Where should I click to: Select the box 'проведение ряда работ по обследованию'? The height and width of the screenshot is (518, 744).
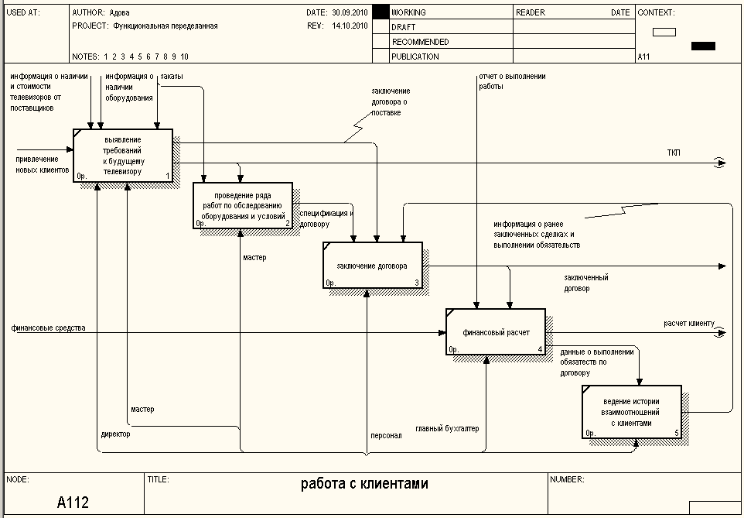click(243, 204)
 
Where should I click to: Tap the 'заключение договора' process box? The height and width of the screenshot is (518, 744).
click(372, 265)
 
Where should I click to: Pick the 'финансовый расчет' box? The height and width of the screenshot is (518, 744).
click(495, 331)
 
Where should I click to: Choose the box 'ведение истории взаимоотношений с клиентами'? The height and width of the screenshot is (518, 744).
click(631, 412)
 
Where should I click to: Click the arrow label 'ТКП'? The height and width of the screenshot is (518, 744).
click(674, 153)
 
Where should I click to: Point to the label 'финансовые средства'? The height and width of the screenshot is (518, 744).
click(48, 328)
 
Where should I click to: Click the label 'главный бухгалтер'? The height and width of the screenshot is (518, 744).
click(447, 428)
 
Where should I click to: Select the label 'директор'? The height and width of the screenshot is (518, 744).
click(115, 434)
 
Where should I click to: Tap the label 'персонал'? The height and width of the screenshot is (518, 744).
click(386, 435)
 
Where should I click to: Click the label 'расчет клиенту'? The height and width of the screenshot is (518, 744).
click(688, 323)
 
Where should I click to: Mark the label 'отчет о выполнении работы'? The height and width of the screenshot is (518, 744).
click(512, 81)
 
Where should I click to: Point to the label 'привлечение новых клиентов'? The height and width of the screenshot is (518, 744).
click(43, 164)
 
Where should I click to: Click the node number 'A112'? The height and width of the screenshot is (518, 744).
click(73, 503)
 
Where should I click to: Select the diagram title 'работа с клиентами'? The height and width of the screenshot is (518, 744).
click(363, 485)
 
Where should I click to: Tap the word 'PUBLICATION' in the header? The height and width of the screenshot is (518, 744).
click(415, 57)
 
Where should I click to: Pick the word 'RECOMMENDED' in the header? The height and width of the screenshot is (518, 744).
click(420, 42)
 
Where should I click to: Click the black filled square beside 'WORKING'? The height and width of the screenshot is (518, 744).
click(380, 12)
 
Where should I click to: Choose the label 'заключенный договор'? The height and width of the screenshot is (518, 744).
click(585, 283)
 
